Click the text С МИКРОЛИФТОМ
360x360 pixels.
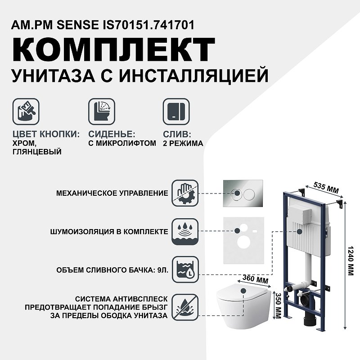122,144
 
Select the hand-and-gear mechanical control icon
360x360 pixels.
185,193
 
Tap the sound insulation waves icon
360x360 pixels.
185,232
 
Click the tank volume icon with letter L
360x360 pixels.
185,270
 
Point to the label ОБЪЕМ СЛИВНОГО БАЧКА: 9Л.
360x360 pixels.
112,270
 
